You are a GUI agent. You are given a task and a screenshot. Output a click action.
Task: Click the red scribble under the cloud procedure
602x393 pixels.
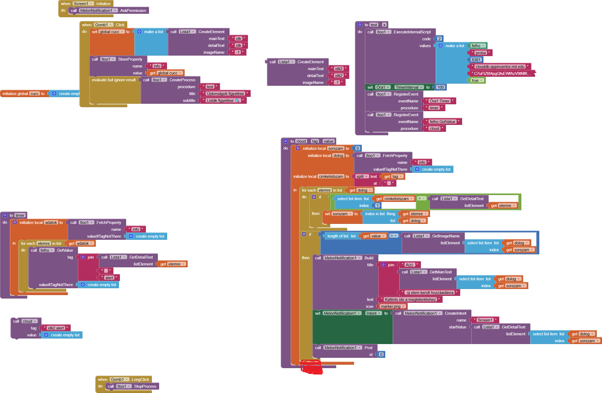312,367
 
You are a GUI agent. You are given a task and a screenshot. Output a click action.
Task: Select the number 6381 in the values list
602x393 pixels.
476,60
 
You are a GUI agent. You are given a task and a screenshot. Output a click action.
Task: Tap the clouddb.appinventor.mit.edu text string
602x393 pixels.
500,67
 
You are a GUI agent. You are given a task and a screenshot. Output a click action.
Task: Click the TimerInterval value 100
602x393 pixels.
441,87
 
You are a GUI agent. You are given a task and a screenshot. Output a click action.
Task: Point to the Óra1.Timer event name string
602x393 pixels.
440,101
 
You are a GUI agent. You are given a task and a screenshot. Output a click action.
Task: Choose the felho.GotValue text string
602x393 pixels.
442,122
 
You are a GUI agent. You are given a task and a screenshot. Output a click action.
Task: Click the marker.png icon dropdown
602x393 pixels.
392,306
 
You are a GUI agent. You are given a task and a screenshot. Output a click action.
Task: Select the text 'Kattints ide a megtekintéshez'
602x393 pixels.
410,300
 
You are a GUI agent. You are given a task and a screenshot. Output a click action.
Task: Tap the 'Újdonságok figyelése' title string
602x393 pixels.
225,94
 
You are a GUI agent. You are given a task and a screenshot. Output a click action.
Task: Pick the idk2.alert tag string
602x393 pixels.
56,328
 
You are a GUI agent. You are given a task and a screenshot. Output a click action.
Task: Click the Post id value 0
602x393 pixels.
381,355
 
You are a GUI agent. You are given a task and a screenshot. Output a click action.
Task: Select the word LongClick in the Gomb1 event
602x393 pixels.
140,380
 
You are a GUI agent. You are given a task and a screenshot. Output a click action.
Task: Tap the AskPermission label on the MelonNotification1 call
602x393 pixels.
133,11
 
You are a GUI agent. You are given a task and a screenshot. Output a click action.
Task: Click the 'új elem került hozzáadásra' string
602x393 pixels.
430,293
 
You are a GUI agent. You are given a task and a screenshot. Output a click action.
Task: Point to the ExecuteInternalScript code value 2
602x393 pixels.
439,39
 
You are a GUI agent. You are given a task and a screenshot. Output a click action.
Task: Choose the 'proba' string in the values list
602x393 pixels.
481,53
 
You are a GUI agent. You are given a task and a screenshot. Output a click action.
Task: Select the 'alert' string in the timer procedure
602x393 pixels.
109,278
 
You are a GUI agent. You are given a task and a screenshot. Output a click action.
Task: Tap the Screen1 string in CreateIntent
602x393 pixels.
485,320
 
